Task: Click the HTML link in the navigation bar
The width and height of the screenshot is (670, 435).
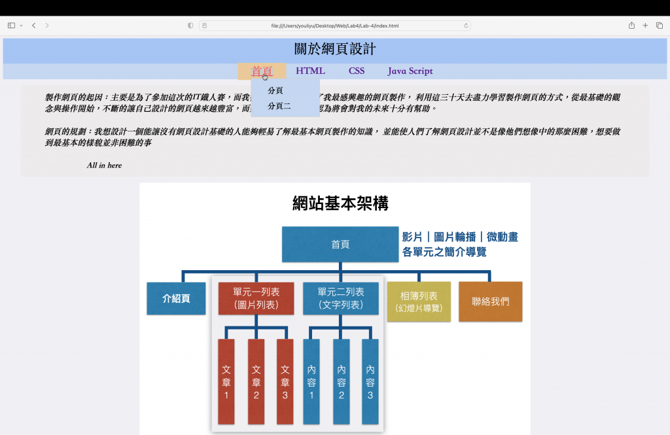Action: point(310,71)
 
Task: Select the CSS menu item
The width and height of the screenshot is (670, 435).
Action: point(357,71)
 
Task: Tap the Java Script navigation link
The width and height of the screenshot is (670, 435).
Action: point(410,71)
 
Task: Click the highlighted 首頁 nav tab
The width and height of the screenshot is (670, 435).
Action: point(262,71)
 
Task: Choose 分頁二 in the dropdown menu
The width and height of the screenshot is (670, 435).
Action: point(279,106)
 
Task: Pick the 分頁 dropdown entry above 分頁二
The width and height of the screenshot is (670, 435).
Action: point(275,90)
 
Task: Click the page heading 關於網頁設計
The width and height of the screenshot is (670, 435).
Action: point(335,49)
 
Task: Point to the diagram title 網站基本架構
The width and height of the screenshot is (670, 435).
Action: point(340,203)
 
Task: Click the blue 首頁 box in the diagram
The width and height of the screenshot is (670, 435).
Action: point(340,245)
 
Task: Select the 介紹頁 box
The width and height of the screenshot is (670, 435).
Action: point(176,299)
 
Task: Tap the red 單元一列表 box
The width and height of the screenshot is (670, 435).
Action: point(256,299)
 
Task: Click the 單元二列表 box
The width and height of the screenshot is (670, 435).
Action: point(341,299)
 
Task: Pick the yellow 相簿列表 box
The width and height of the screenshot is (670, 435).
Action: point(419,302)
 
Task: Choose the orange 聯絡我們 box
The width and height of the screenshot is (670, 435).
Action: point(491,302)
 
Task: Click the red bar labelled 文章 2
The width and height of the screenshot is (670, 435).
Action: point(256,381)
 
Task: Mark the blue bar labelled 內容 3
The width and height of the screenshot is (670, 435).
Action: point(370,381)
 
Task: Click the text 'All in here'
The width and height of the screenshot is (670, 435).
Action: point(104,165)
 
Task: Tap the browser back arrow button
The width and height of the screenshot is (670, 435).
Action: point(33,26)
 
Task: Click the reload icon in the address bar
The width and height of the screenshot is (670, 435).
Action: point(467,26)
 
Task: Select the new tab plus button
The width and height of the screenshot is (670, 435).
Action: point(645,26)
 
